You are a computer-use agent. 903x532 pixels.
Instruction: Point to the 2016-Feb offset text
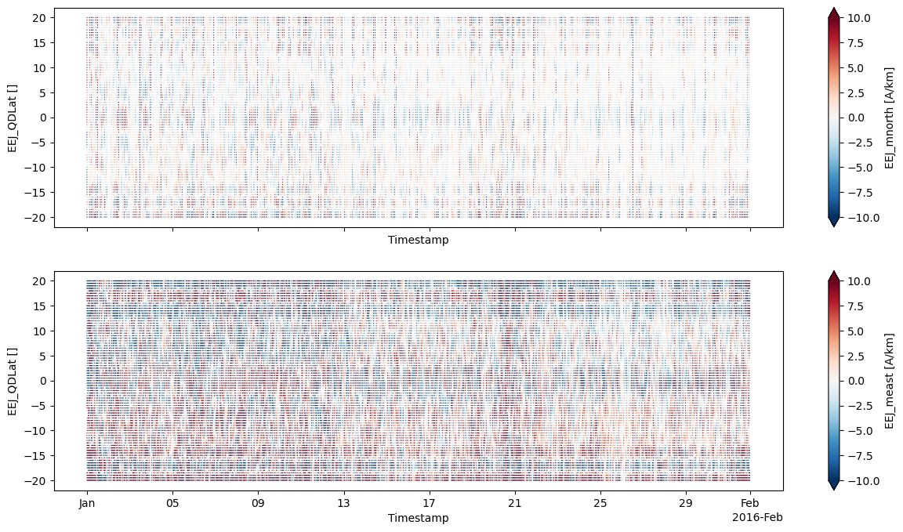pyautogui.click(x=756, y=517)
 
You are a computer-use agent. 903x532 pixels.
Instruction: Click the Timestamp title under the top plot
pyautogui.click(x=418, y=241)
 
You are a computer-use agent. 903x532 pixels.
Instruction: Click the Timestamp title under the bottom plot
pyautogui.click(x=418, y=518)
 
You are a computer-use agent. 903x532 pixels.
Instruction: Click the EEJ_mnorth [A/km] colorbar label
pyautogui.click(x=890, y=118)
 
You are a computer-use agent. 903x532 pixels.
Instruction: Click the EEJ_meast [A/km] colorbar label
pyautogui.click(x=890, y=381)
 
